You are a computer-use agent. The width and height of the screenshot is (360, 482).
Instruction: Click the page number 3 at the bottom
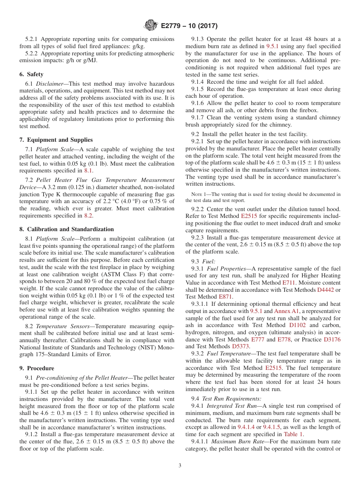(180, 465)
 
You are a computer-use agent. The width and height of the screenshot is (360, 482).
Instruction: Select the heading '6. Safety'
(35, 74)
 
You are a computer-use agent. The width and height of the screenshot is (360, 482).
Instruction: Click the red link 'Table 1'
(293, 435)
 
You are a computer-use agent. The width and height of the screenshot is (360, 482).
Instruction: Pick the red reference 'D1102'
(297, 325)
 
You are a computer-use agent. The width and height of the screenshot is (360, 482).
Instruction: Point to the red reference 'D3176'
(332, 340)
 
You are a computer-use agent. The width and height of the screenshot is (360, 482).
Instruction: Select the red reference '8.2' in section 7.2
(88, 216)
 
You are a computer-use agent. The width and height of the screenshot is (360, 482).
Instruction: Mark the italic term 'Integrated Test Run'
(230, 406)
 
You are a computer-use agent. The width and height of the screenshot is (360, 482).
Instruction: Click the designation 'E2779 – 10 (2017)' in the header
(189, 26)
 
